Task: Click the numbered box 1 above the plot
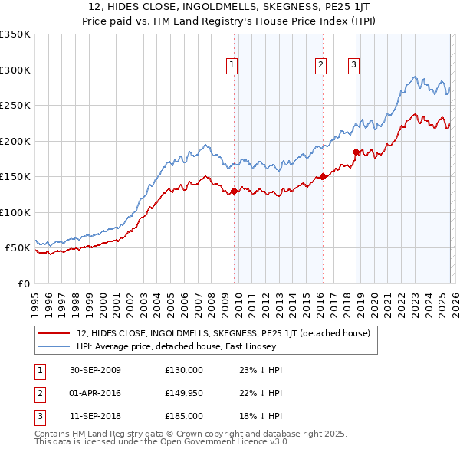[231, 66]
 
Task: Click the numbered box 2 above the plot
[320, 66]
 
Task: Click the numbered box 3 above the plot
[353, 66]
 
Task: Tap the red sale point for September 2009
[234, 192]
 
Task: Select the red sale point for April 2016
[323, 176]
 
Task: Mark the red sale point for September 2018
[356, 152]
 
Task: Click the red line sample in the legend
[54, 333]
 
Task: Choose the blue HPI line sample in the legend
[54, 346]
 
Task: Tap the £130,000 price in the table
[184, 369]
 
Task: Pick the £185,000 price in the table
[184, 416]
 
